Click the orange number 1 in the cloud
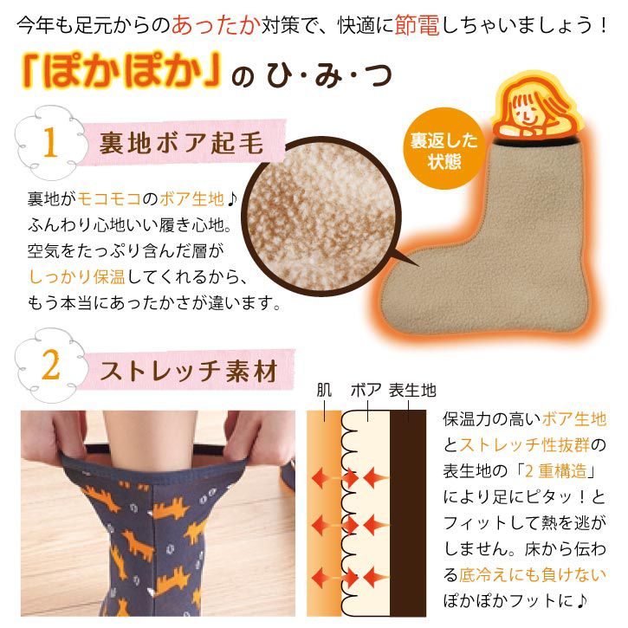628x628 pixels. click(49, 142)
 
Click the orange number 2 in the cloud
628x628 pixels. click(50, 365)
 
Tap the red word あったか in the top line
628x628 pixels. click(217, 25)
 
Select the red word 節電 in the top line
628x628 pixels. click(418, 25)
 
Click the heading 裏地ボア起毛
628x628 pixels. click(181, 143)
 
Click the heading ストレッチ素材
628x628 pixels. click(189, 371)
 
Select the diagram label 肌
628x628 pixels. click(324, 390)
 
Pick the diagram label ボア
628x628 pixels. click(366, 390)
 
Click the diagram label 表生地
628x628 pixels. click(412, 390)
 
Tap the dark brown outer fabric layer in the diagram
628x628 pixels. click(408, 513)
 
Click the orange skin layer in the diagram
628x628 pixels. click(324, 513)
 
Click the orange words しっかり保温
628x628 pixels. click(77, 276)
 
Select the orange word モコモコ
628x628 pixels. click(109, 198)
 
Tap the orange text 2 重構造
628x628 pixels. click(555, 471)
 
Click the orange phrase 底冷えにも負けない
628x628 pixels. click(532, 575)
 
